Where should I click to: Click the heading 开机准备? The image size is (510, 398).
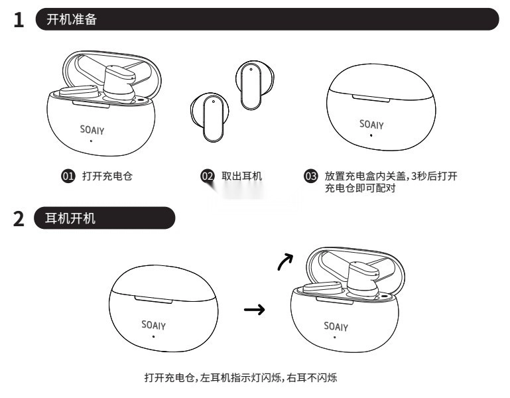pos(71,20)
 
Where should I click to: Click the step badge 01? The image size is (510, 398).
pos(67,176)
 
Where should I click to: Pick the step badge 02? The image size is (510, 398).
pos(207,176)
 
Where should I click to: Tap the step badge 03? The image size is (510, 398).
pos(310,176)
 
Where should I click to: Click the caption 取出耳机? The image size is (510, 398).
pos(241,176)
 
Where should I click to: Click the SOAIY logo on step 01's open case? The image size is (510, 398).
pos(92,129)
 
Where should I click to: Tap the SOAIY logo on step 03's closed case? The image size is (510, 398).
pos(371,124)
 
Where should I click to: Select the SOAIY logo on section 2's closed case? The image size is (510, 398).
pos(154,325)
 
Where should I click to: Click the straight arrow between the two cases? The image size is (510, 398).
pos(255,309)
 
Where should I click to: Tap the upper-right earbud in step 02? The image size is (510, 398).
pos(253,85)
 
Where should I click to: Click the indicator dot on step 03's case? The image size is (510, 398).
pos(371,135)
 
